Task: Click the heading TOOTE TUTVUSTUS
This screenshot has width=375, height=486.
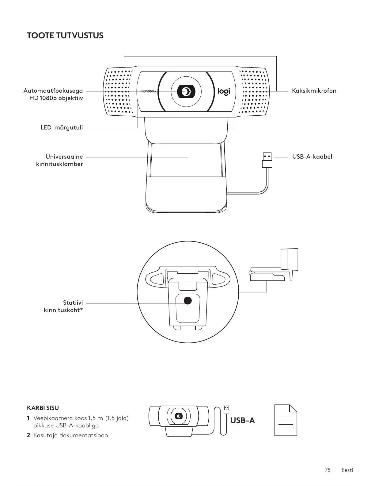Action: [65, 36]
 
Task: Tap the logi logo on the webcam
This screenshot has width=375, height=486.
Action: [224, 91]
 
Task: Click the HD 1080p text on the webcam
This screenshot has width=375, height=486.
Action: [148, 91]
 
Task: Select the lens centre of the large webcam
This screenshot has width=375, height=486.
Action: [186, 91]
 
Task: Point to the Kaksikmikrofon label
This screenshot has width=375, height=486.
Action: [314, 91]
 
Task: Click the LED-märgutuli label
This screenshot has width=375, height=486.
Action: [62, 127]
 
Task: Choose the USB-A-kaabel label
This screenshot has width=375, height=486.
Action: [312, 157]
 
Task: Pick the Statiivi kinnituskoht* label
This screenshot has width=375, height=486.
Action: [63, 307]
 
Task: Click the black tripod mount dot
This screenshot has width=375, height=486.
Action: [187, 300]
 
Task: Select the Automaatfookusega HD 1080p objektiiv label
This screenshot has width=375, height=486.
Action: [53, 94]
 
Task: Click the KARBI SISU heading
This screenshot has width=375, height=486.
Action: [43, 408]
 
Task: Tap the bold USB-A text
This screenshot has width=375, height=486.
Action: [242, 420]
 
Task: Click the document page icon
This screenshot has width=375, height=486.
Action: [286, 420]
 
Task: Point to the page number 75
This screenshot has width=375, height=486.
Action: [328, 470]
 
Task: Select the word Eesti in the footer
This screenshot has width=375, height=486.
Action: [347, 470]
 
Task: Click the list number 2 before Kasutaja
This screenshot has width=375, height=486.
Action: [28, 435]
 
